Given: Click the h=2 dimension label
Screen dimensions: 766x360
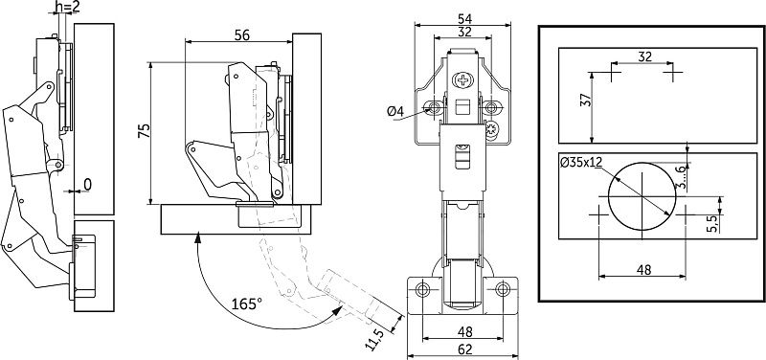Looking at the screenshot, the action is pyautogui.click(x=67, y=7).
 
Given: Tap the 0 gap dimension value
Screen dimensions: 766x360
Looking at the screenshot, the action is pyautogui.click(x=87, y=184).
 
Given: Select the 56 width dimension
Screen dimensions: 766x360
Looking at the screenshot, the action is pyautogui.click(x=242, y=35).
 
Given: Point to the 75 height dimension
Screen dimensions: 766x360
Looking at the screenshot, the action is pyautogui.click(x=144, y=131).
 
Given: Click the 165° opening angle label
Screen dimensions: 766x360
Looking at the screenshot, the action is pyautogui.click(x=247, y=304).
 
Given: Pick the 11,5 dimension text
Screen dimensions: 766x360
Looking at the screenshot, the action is pyautogui.click(x=375, y=339).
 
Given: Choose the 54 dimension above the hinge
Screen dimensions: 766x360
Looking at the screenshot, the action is pyautogui.click(x=464, y=18).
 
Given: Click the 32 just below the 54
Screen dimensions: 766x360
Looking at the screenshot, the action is pyautogui.click(x=464, y=32).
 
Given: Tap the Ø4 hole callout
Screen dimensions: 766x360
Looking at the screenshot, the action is pyautogui.click(x=395, y=112).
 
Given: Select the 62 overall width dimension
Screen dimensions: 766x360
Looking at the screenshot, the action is pyautogui.click(x=465, y=349).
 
